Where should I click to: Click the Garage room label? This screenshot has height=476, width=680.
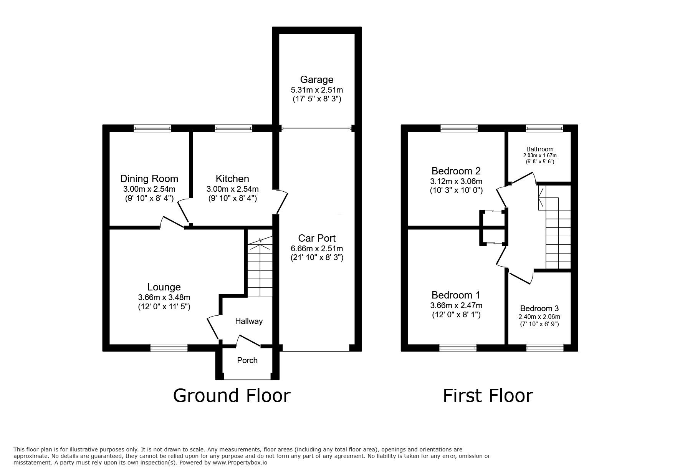coord(317,80)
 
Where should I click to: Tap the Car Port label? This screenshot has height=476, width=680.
coord(317,238)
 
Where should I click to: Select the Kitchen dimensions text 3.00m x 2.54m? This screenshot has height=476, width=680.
coord(232,189)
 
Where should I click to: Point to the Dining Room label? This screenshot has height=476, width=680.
coord(149,179)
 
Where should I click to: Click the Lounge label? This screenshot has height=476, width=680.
coord(164,287)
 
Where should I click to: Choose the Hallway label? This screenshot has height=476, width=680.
coord(249,321)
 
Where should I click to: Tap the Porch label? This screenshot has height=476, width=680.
coord(247,360)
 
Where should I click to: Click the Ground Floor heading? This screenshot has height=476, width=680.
coord(232,395)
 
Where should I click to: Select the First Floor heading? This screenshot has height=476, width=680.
coord(488,395)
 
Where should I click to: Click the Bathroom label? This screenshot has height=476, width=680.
coord(540,149)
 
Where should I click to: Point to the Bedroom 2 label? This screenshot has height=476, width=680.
coord(456,171)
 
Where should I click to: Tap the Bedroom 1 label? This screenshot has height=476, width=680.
coord(456,295)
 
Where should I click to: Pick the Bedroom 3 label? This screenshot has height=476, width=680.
coord(539,308)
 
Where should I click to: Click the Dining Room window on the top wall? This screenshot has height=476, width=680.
coord(152,128)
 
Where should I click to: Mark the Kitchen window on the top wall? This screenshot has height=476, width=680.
coord(233,128)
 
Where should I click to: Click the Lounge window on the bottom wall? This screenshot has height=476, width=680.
coord(169,348)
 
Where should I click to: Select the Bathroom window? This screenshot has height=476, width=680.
coord(544,128)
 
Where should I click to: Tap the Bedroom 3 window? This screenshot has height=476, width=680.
coord(545,348)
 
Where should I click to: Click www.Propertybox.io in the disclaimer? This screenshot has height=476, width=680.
coord(240,463)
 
